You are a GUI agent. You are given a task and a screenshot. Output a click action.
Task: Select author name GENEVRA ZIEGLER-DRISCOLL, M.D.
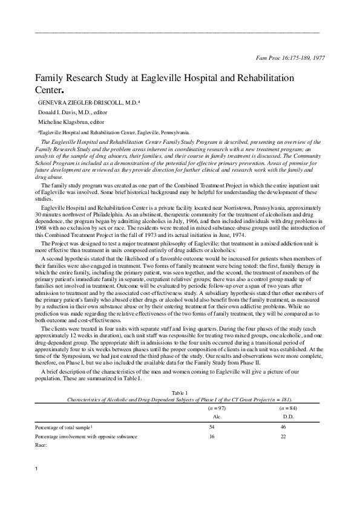pos(89,103)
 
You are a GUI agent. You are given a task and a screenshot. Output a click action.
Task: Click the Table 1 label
pos(180,393)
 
